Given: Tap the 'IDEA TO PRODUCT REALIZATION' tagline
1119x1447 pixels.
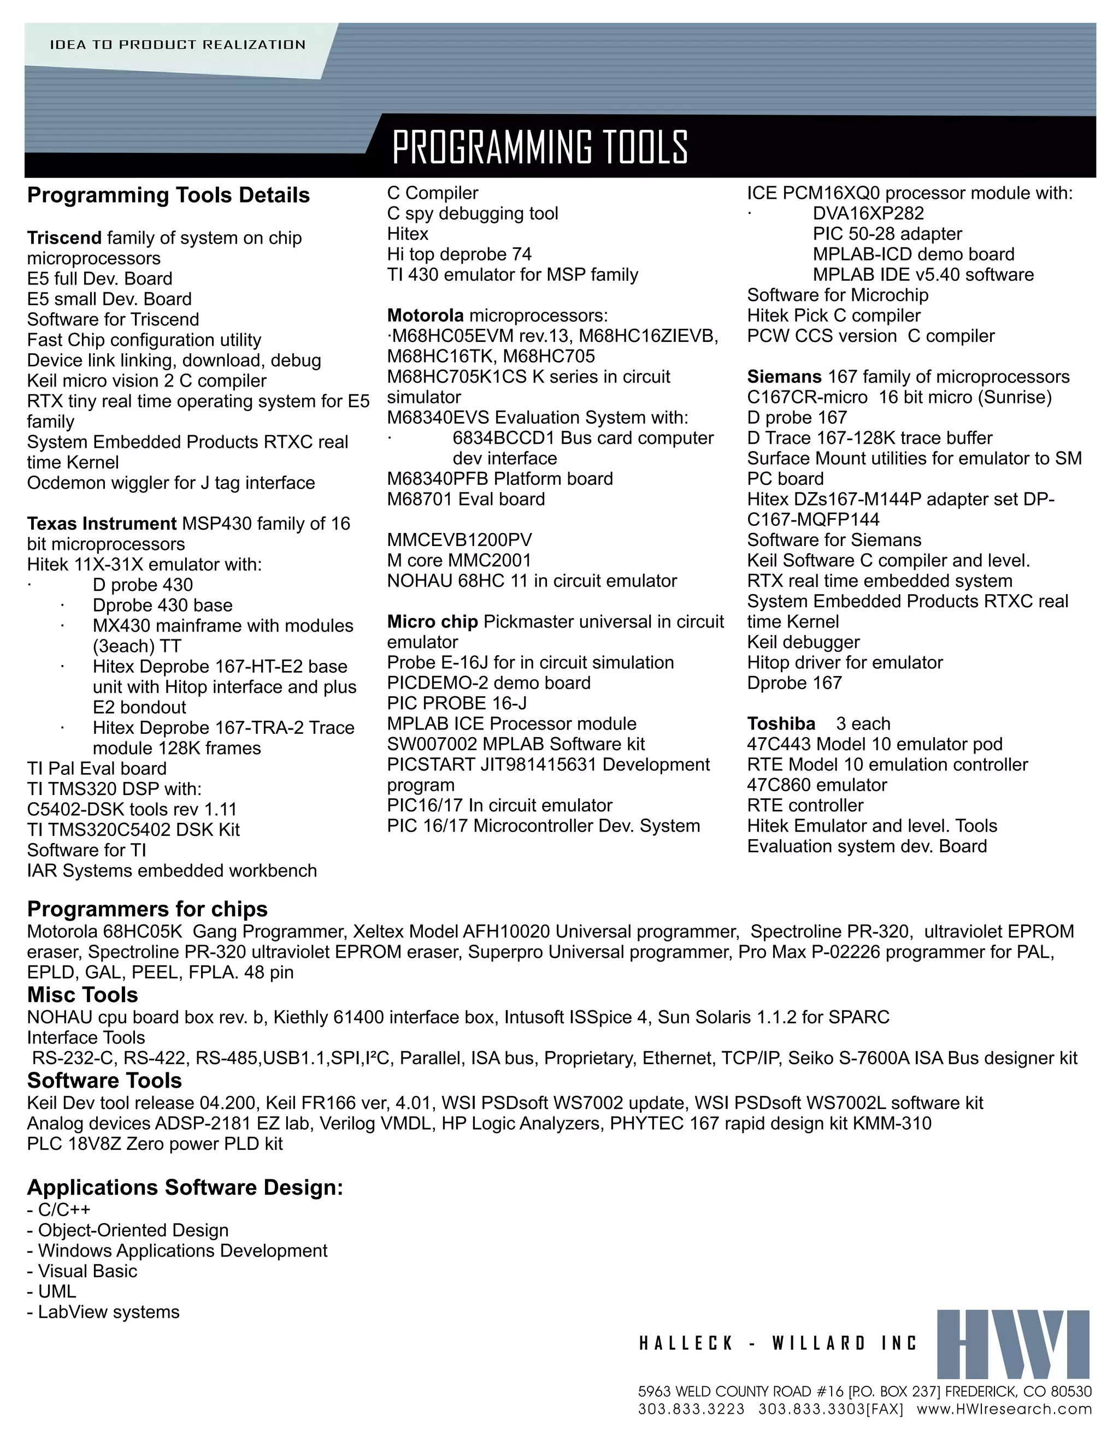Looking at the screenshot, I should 178,45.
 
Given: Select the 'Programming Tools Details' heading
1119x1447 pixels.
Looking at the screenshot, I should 168,195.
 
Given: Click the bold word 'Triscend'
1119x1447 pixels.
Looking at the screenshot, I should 64,238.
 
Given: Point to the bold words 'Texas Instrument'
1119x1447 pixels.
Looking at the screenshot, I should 102,524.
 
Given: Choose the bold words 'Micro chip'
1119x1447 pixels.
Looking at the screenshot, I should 432,621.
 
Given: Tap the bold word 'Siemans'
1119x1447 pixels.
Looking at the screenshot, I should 784,377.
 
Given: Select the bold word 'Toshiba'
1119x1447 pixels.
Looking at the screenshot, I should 781,723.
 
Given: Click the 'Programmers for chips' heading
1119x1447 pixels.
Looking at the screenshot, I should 147,909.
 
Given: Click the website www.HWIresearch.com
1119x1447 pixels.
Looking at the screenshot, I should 1004,1409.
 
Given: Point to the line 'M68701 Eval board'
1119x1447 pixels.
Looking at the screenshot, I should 466,499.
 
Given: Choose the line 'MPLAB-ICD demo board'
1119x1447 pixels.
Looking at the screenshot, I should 914,254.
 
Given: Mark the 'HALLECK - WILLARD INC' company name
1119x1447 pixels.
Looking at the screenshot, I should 778,1344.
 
